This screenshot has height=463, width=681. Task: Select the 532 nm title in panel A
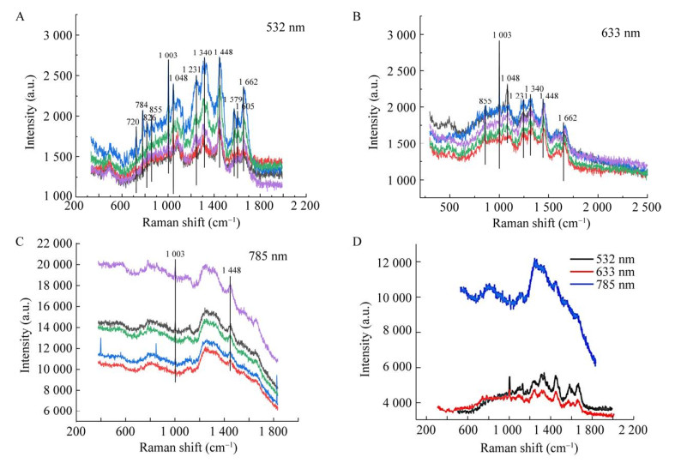[x=285, y=27]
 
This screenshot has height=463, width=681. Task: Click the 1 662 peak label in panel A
[x=249, y=82]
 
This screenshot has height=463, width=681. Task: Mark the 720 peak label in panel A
[x=133, y=123]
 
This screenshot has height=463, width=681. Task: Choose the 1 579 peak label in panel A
[x=232, y=99]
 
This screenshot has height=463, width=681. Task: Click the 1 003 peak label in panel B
[x=502, y=34]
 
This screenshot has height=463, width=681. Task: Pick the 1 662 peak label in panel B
[x=568, y=118]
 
